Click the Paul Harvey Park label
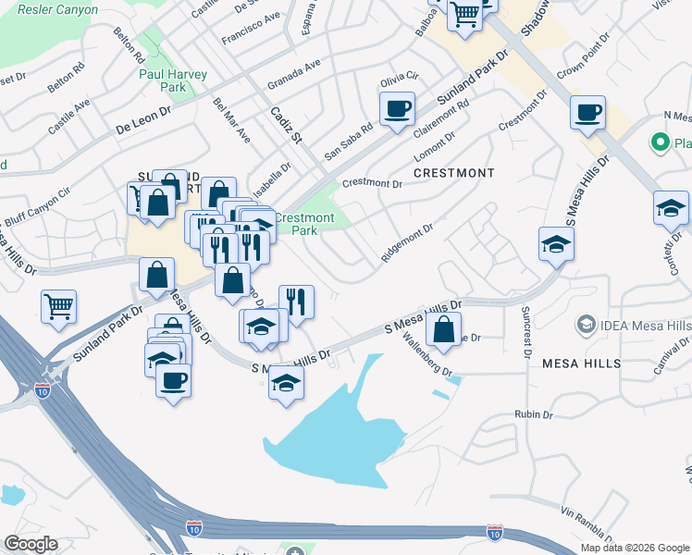point(173,80)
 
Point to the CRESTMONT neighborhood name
point(453,173)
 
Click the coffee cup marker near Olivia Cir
point(398,110)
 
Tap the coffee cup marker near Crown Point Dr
point(588,115)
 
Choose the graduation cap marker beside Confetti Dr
point(671,210)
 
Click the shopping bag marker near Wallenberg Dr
point(445,330)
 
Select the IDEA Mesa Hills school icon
point(585,325)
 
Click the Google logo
point(31,544)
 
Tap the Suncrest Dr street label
point(526,331)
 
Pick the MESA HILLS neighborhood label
point(581,364)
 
